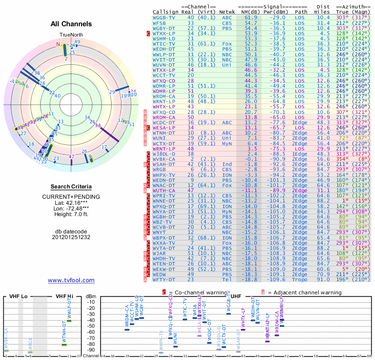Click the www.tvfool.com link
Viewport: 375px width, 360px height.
click(71, 280)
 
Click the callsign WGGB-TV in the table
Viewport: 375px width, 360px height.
click(164, 17)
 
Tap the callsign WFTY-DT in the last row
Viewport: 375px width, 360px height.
click(164, 279)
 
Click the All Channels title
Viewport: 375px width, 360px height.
click(71, 24)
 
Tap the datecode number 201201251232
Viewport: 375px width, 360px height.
click(71, 237)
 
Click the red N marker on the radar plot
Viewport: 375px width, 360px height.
click(59, 45)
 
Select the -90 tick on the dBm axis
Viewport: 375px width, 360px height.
click(91, 350)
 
